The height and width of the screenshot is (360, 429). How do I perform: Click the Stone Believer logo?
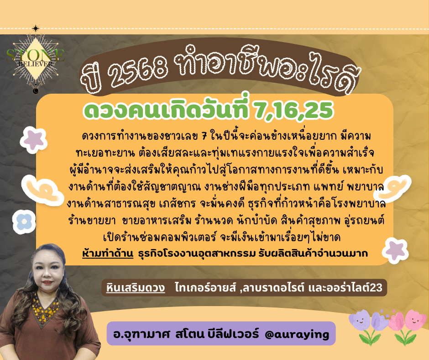tap(36, 59)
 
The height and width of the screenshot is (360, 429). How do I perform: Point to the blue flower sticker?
tap(24, 221)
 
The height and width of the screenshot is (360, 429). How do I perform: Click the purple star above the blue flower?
tap(33, 140)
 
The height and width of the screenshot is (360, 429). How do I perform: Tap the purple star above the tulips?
tap(395, 249)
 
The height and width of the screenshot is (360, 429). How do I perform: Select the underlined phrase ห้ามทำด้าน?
tap(108, 253)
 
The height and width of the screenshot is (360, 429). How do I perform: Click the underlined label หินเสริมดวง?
tap(136, 288)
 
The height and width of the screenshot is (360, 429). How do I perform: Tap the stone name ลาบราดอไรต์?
tap(273, 288)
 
